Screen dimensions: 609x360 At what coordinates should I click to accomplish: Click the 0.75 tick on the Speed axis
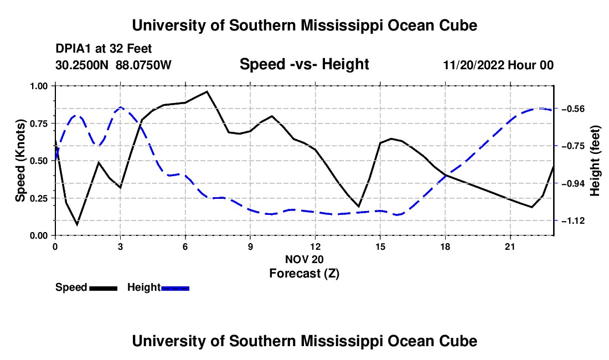[x=40, y=124]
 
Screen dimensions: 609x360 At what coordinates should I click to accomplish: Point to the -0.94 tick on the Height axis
[x=573, y=183]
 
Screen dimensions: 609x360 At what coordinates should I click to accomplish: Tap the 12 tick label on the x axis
[x=316, y=246]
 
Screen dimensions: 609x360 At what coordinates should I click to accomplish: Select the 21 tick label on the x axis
[x=510, y=246]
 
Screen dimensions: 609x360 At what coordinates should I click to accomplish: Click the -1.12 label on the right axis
[x=573, y=220]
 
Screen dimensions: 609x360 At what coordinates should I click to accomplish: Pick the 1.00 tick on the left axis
[x=40, y=86]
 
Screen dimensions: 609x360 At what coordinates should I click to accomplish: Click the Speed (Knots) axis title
[x=20, y=161]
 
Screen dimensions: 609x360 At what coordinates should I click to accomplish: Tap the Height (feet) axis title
[x=595, y=161]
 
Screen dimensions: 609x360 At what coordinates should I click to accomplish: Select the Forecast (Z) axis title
[x=304, y=274]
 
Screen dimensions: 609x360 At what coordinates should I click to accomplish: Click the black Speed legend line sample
[x=104, y=288]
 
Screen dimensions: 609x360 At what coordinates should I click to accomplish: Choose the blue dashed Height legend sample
[x=175, y=288]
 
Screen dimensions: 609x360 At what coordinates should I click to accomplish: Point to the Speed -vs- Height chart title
[x=304, y=64]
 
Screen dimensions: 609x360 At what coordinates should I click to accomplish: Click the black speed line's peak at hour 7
[x=207, y=91]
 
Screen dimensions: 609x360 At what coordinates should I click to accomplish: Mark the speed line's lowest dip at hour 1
[x=77, y=224]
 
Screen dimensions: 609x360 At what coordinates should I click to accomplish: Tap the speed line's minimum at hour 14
[x=359, y=207]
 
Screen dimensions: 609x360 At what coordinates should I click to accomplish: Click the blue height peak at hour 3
[x=120, y=107]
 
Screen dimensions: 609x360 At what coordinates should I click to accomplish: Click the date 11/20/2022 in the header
[x=474, y=65]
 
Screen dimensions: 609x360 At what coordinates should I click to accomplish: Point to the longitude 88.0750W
[x=143, y=65]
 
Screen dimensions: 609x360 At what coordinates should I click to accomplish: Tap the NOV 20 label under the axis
[x=304, y=259]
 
